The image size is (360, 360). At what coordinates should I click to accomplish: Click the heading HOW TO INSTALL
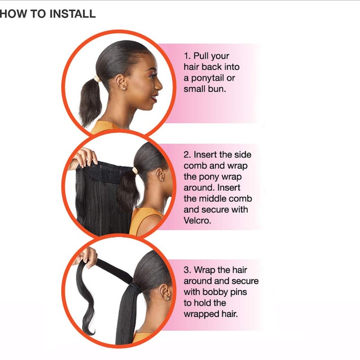(48, 14)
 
